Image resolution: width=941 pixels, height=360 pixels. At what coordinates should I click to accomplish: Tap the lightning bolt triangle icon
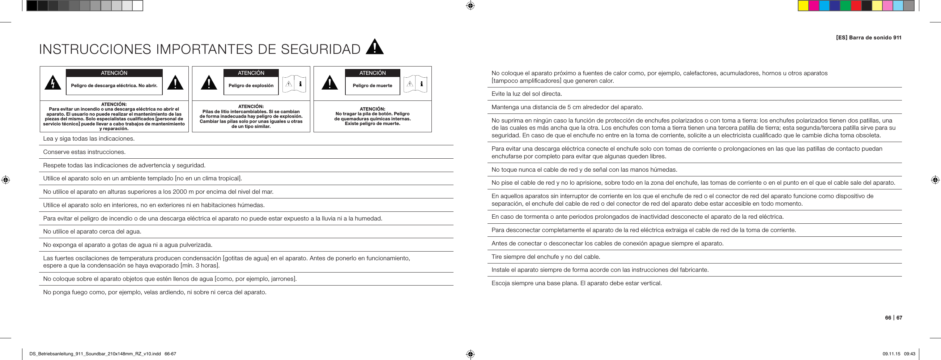coord(53,82)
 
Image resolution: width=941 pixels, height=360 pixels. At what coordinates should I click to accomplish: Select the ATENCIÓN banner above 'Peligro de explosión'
coord(251,73)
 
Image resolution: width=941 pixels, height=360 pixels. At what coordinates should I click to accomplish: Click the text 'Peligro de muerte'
coord(372,85)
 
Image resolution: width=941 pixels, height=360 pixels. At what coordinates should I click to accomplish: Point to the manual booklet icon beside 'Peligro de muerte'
coord(415,84)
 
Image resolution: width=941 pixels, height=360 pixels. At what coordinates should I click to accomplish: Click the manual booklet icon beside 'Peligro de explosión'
coord(294,84)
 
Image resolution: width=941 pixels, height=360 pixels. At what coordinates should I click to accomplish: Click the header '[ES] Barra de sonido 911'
coord(868,38)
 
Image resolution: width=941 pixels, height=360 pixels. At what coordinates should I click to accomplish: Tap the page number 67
coord(899,318)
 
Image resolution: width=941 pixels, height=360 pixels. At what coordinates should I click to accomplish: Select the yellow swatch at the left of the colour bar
coord(803,6)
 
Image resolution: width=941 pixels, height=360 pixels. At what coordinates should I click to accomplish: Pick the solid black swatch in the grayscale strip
coord(32,6)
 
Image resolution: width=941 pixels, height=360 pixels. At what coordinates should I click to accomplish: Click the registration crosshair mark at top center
coord(470,6)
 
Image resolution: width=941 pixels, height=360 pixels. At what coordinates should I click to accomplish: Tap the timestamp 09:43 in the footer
coord(910,354)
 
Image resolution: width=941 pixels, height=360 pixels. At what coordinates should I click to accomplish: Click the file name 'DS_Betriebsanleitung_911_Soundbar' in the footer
coord(71,354)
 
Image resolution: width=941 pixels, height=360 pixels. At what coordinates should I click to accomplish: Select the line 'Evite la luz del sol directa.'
coord(527,94)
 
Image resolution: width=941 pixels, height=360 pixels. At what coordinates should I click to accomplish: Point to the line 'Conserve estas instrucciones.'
coord(84,152)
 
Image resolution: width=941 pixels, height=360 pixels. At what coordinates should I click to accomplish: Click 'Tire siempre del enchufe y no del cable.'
coord(546,257)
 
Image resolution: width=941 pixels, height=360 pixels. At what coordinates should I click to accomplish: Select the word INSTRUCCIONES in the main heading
coord(95,49)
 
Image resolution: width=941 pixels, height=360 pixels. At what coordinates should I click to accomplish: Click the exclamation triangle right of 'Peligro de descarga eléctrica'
coord(175,82)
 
